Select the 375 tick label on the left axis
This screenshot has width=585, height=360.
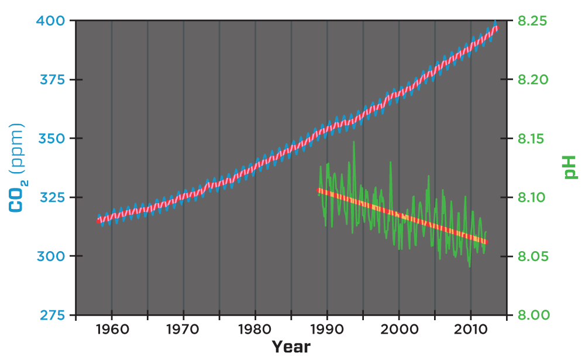click(54, 80)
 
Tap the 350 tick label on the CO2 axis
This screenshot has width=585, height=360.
click(54, 139)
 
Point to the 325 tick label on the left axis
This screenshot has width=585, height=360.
click(54, 197)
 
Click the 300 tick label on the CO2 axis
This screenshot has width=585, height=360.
click(54, 256)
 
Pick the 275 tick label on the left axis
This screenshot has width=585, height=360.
click(54, 315)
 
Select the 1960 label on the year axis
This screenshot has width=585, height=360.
click(111, 330)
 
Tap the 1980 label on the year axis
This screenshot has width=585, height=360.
click(255, 330)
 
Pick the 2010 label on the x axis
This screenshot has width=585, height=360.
click(471, 330)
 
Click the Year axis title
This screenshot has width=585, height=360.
click(291, 347)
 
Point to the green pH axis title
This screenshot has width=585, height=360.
click(570, 167)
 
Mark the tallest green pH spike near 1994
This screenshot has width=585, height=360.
click(354, 142)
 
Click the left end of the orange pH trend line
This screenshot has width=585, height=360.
click(319, 190)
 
